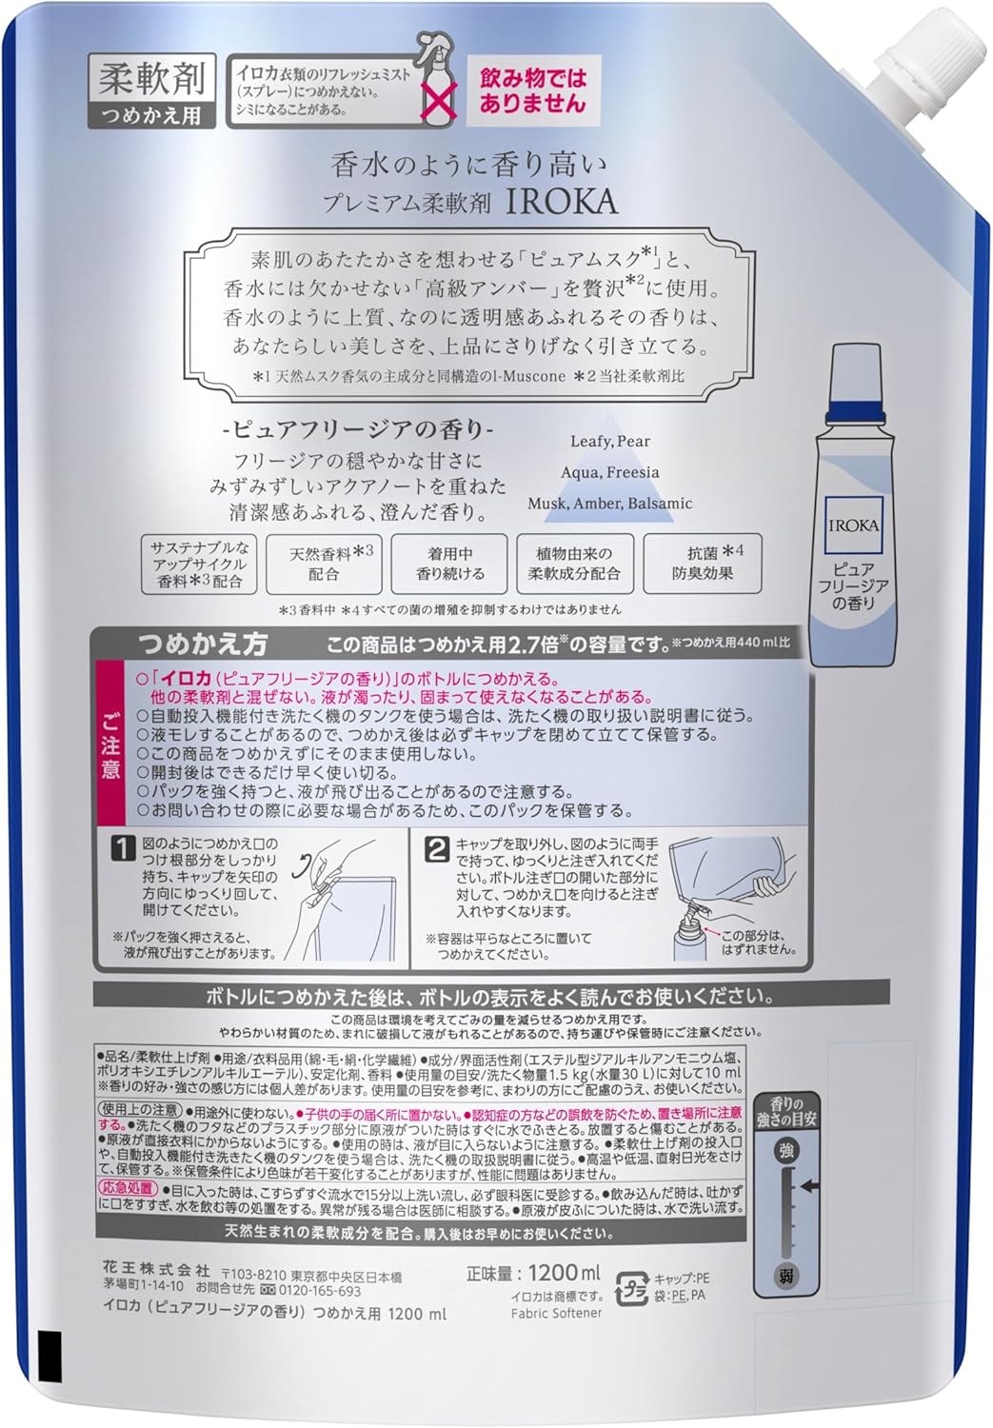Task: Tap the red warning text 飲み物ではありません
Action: [532, 90]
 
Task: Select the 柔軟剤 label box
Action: [151, 79]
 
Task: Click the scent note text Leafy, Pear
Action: [610, 441]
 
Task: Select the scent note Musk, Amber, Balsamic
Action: [610, 503]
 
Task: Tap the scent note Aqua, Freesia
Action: [610, 472]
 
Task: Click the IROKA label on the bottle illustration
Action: [853, 526]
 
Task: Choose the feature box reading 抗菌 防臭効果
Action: [703, 564]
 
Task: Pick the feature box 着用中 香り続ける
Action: [450, 564]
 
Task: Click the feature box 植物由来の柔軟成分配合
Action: [574, 564]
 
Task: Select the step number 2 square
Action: [436, 847]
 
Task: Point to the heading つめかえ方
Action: [202, 644]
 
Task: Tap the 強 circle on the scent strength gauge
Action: [786, 1151]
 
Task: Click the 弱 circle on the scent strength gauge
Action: [786, 1275]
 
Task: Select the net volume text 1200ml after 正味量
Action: [565, 1272]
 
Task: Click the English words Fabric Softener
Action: [556, 1313]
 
